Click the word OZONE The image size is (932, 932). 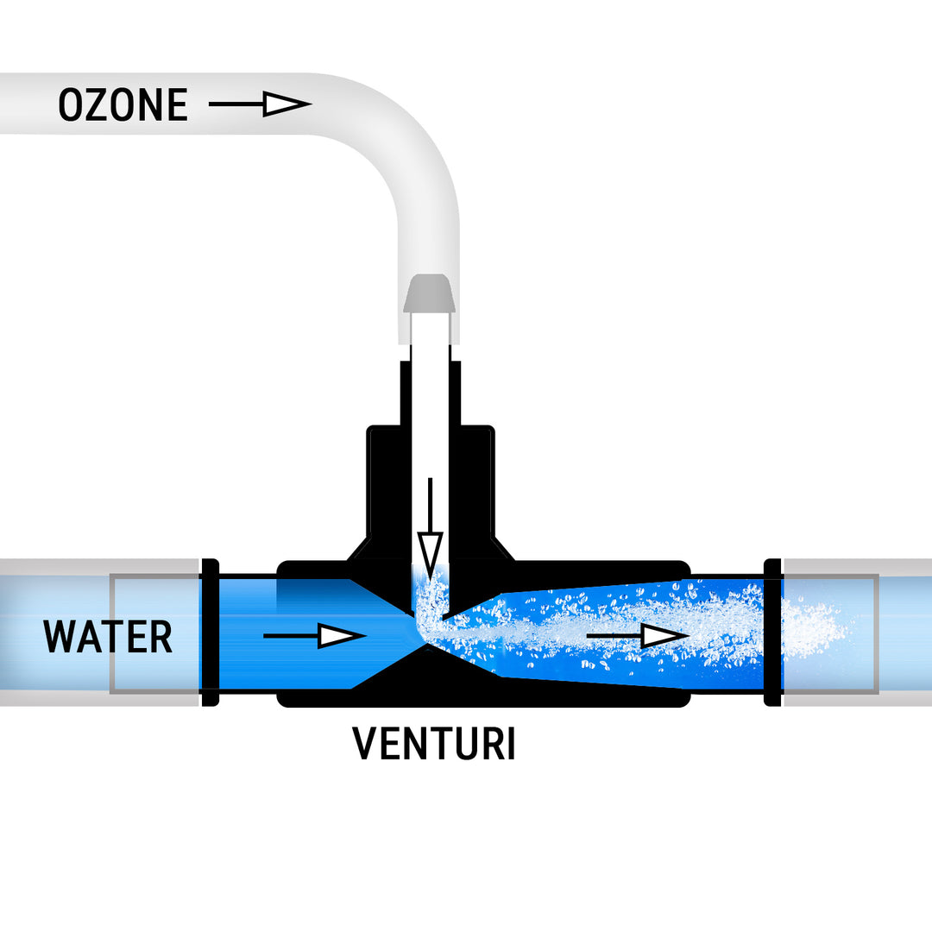click(x=123, y=105)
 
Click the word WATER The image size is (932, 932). click(x=108, y=637)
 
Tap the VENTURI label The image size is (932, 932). click(x=434, y=744)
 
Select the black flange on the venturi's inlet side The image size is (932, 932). click(x=209, y=633)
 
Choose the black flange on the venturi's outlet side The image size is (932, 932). click(x=772, y=633)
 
